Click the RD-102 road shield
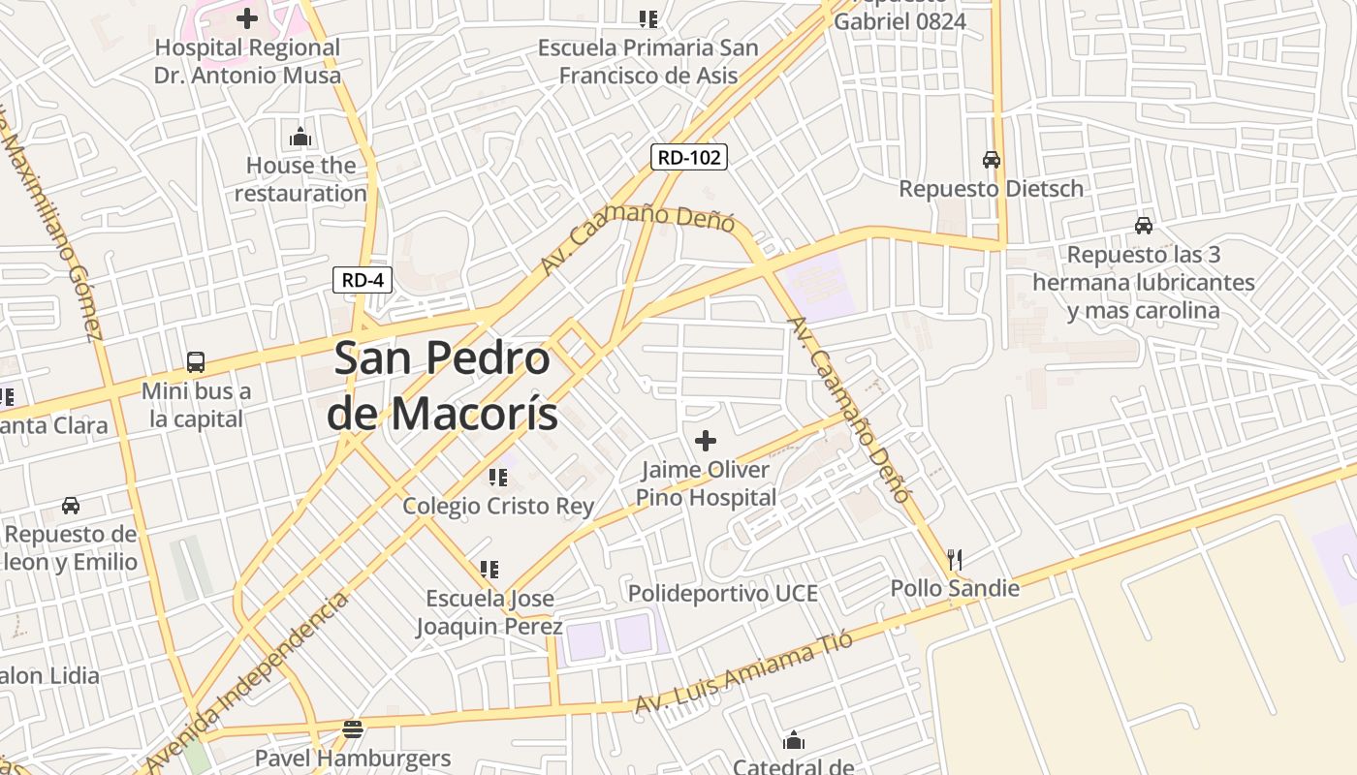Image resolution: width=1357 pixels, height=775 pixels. [x=688, y=157]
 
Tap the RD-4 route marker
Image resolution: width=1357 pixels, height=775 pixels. [x=363, y=280]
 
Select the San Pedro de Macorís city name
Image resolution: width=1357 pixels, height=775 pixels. [x=443, y=386]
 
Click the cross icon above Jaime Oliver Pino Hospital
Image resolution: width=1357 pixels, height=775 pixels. [x=706, y=442]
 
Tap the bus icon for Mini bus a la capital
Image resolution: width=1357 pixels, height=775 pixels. [x=196, y=362]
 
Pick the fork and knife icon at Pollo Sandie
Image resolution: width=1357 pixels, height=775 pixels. [x=955, y=560]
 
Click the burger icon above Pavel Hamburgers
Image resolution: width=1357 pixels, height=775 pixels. [x=353, y=728]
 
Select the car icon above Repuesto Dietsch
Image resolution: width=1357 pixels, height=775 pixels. [x=991, y=160]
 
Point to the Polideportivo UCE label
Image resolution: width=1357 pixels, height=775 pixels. [x=722, y=593]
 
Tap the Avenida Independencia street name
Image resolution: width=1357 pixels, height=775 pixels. [x=247, y=681]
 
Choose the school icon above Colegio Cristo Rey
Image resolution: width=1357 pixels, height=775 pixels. [x=498, y=477]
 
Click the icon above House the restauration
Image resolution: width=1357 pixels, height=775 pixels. [x=300, y=137]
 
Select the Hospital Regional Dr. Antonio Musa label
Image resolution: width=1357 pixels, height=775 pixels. [x=247, y=61]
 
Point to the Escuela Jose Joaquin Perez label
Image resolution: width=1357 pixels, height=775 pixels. [x=489, y=612]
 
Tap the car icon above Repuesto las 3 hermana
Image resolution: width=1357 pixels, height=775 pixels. [x=1144, y=226]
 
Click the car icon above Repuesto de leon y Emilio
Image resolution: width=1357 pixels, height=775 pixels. [x=71, y=506]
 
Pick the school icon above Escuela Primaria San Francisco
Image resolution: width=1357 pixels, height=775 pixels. [x=648, y=18]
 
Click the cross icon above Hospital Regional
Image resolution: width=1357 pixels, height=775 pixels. [x=247, y=17]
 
